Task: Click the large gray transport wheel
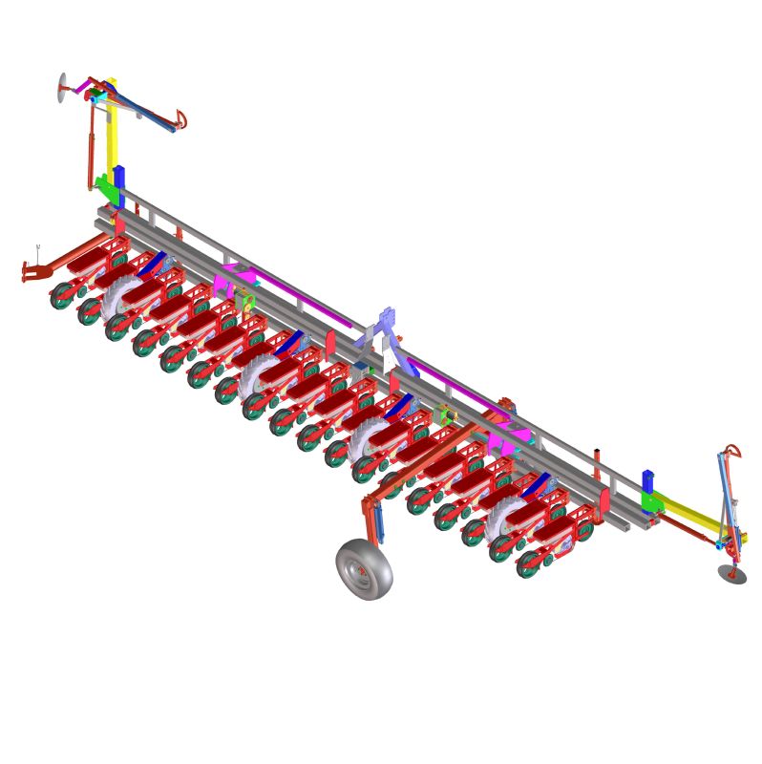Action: click(x=364, y=569)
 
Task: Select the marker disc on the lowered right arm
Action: click(x=732, y=573)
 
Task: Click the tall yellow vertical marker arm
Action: click(x=112, y=134)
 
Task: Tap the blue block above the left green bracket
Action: click(x=118, y=179)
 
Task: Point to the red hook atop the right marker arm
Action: click(x=732, y=450)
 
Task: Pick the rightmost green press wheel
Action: click(x=528, y=563)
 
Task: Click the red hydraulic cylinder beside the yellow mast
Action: click(x=93, y=143)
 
